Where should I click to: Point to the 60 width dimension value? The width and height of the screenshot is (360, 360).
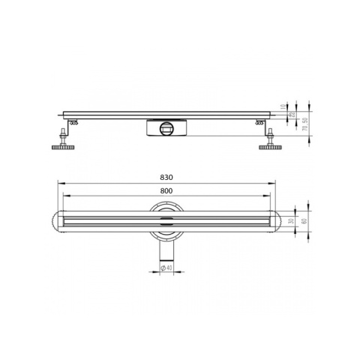(304, 220)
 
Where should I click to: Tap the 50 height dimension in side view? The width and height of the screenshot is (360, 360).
(304, 119)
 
